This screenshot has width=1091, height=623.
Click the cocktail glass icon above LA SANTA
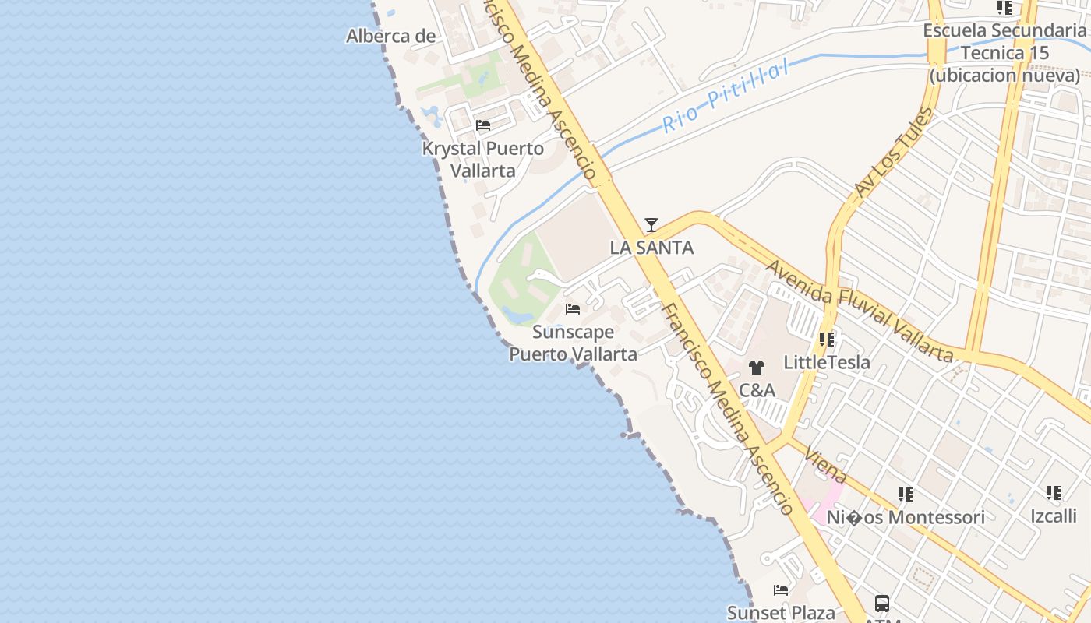coord(651,225)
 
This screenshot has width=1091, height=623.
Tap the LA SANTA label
coord(651,248)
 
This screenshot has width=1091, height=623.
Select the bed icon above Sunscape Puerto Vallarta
coord(573,309)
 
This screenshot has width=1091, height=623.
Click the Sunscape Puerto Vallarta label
coord(573,343)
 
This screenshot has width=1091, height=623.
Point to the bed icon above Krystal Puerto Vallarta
coord(483,125)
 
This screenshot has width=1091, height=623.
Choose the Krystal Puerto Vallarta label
coord(483,159)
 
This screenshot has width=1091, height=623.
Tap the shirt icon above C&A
coord(756,368)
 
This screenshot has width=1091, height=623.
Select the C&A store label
coord(756,390)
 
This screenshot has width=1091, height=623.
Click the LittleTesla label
coord(827,362)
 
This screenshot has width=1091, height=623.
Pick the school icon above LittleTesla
coord(827,340)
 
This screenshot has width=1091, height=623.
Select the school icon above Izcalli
coord(1054,493)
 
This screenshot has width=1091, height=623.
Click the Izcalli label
coord(1054,516)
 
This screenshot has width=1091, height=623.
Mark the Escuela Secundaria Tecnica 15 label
coord(1004,53)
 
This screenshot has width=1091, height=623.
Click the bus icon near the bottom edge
coord(881,603)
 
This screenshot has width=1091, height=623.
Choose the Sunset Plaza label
coord(781,613)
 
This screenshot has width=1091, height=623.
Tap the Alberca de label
coord(390,36)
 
